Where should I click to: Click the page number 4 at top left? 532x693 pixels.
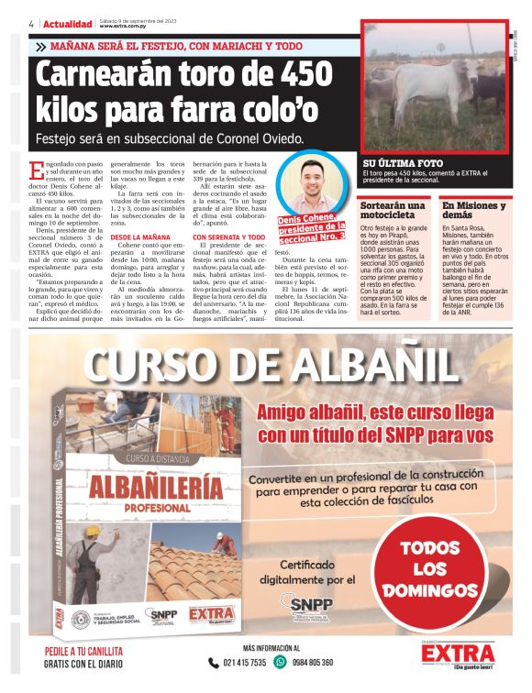pos(32,22)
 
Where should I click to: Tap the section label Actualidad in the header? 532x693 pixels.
pos(64,22)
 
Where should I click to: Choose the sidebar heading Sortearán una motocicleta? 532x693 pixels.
pos(393,211)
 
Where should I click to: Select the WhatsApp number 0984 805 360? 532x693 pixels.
pos(307,662)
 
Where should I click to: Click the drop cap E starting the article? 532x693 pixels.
pos(37,169)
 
